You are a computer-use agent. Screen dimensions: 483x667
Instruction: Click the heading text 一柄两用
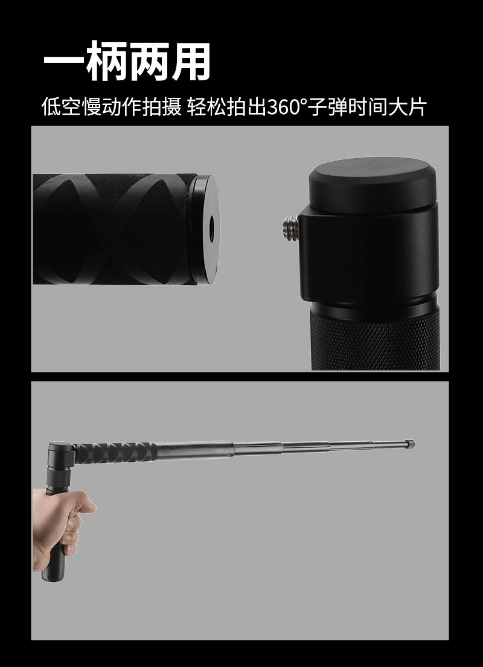[127, 61]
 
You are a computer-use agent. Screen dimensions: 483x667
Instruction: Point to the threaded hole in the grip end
[211, 228]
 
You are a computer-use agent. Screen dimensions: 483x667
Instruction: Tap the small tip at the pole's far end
[411, 444]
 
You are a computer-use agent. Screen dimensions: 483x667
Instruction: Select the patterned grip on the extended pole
[115, 453]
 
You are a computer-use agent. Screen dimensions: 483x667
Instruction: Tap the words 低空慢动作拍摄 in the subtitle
[112, 107]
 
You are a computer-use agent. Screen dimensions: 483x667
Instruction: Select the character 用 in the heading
[191, 61]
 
